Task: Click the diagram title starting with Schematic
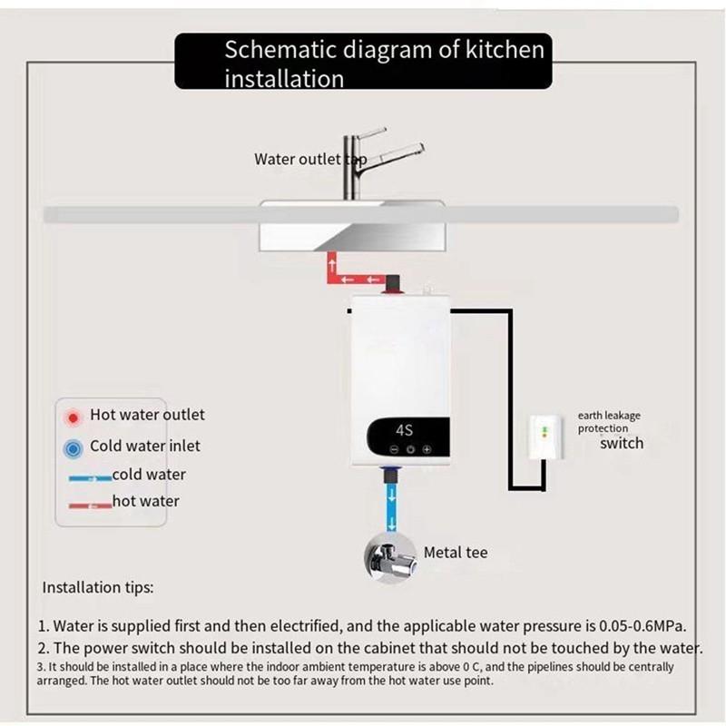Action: [x=384, y=63]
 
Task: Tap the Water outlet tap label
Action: [x=309, y=160]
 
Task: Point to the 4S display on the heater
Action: [x=406, y=429]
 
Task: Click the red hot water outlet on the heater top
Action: [x=393, y=289]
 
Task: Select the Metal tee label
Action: [x=456, y=552]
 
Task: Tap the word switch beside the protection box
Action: [x=622, y=444]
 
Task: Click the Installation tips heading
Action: [x=98, y=587]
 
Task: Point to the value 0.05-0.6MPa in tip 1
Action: [x=642, y=626]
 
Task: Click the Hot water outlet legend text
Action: [x=147, y=415]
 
